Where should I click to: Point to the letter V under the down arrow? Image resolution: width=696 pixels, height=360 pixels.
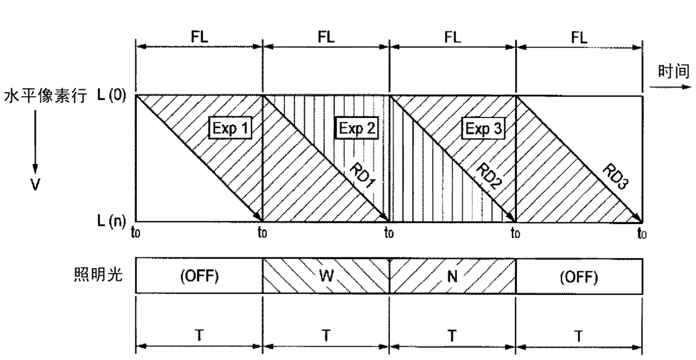pos(35,183)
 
